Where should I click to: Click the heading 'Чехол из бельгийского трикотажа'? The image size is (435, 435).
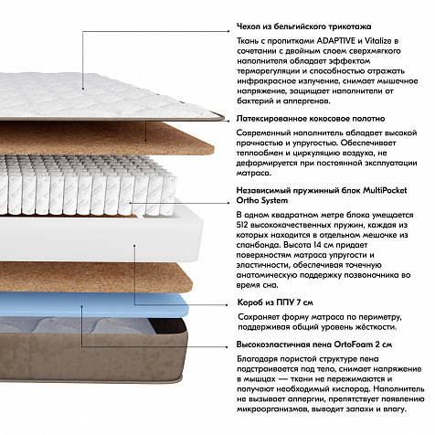pos(304,27)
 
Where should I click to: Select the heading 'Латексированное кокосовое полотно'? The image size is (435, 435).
pos(311,119)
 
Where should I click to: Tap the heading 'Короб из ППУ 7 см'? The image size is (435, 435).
pos(275,302)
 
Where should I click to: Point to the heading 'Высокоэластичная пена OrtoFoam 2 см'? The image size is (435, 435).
pos(314,345)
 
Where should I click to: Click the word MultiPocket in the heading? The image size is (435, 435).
pos(385,190)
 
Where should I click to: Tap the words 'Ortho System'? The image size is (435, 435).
pos(262,200)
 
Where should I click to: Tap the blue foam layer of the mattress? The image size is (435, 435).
pos(91,304)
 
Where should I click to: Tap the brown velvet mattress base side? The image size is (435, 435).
pos(91,356)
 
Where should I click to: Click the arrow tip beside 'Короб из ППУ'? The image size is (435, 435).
pos(227,304)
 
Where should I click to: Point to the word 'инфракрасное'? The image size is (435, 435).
pos(267,81)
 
